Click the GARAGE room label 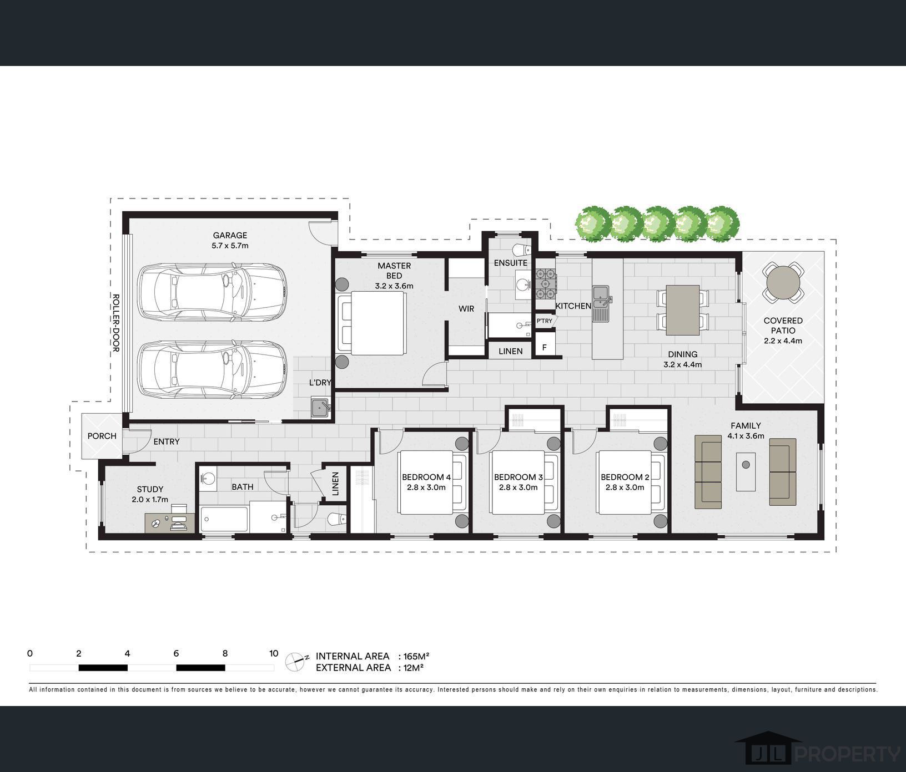click(x=230, y=235)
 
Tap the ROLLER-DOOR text click(x=116, y=323)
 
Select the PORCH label click(x=102, y=436)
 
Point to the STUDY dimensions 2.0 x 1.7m click(x=150, y=500)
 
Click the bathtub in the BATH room click(x=224, y=519)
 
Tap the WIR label click(x=466, y=308)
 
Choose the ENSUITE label click(x=511, y=263)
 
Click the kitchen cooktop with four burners click(x=545, y=284)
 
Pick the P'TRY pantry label click(x=544, y=321)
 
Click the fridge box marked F click(x=545, y=348)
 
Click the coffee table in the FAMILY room click(x=746, y=472)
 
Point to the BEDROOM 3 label click(x=519, y=477)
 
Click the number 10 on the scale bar click(x=274, y=653)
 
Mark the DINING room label click(x=682, y=354)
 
